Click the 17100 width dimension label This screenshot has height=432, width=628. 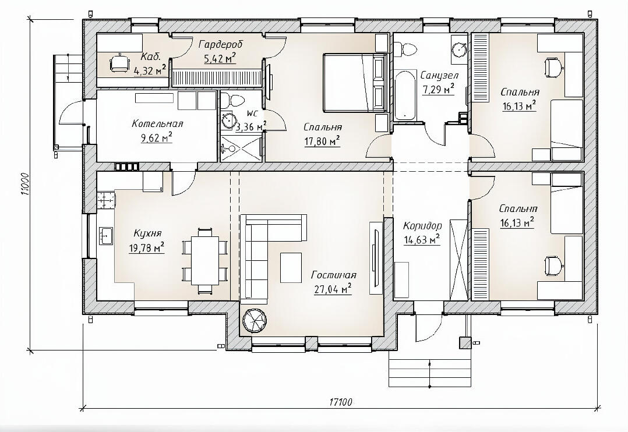coord(341,402)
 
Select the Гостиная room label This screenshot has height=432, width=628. coord(334,275)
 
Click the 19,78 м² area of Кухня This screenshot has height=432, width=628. coord(147,249)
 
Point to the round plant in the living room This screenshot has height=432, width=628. coord(255,320)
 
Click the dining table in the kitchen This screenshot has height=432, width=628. coord(205,260)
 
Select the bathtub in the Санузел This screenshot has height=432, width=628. coord(406,95)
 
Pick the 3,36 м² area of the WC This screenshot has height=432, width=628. coord(251,128)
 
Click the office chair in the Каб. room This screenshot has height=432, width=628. coord(120,63)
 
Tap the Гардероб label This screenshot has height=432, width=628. coord(221,44)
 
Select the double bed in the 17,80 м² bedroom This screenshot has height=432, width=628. coord(355,83)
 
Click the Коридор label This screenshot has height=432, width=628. coord(422,226)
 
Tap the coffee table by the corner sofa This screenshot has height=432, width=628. coord(291,267)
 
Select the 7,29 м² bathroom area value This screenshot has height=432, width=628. coord(438,89)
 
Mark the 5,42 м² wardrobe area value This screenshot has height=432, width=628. coord(220,59)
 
